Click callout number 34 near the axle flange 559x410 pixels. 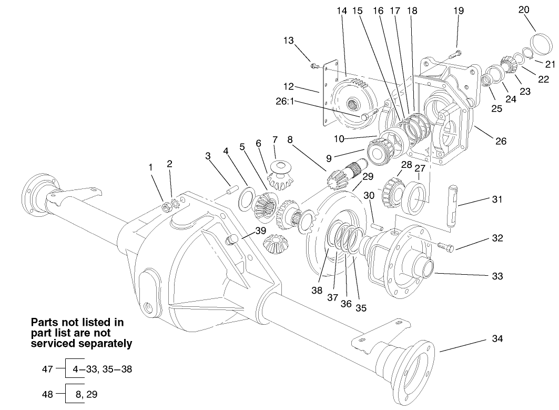(497, 338)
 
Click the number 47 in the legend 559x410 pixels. (47, 369)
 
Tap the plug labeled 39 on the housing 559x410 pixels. (231, 241)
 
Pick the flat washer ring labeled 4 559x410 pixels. (245, 199)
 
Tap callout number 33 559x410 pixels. (497, 276)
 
